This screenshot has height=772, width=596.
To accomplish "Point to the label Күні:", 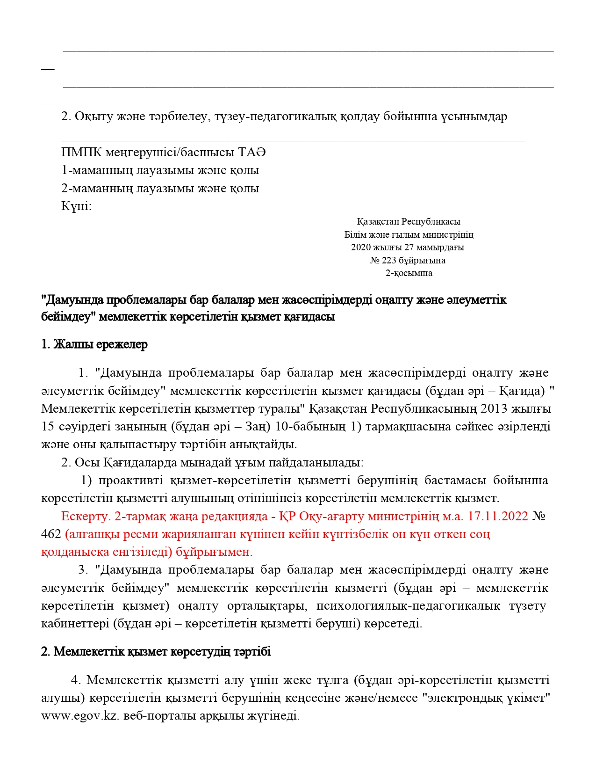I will tap(76, 206).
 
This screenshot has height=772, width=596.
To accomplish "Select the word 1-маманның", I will tap(97, 170).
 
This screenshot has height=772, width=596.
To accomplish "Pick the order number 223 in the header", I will tap(389, 261).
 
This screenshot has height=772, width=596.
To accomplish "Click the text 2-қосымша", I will tap(409, 273).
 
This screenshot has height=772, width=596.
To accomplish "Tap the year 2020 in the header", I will tap(360, 248).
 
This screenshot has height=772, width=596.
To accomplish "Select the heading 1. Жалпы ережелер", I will tap(94, 344).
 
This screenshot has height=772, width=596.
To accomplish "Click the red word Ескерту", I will tap(85, 517).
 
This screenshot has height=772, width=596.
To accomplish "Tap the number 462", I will tap(51, 534).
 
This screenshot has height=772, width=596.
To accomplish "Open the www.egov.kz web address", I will tap(80, 716).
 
